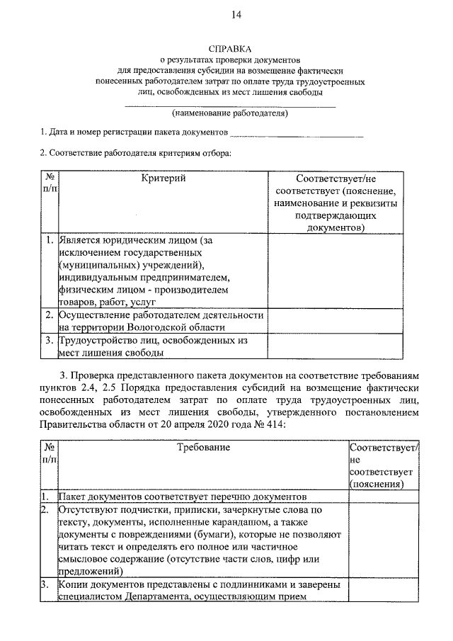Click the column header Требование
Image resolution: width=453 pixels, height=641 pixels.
(203, 447)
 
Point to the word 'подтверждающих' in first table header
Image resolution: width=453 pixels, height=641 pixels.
(336, 216)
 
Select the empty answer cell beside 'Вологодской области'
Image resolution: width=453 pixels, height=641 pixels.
(336, 320)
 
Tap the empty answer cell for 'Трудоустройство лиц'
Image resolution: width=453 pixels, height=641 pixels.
(336, 346)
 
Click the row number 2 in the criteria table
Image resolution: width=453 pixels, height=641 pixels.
(49, 314)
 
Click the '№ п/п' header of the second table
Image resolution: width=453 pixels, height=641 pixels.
(49, 453)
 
